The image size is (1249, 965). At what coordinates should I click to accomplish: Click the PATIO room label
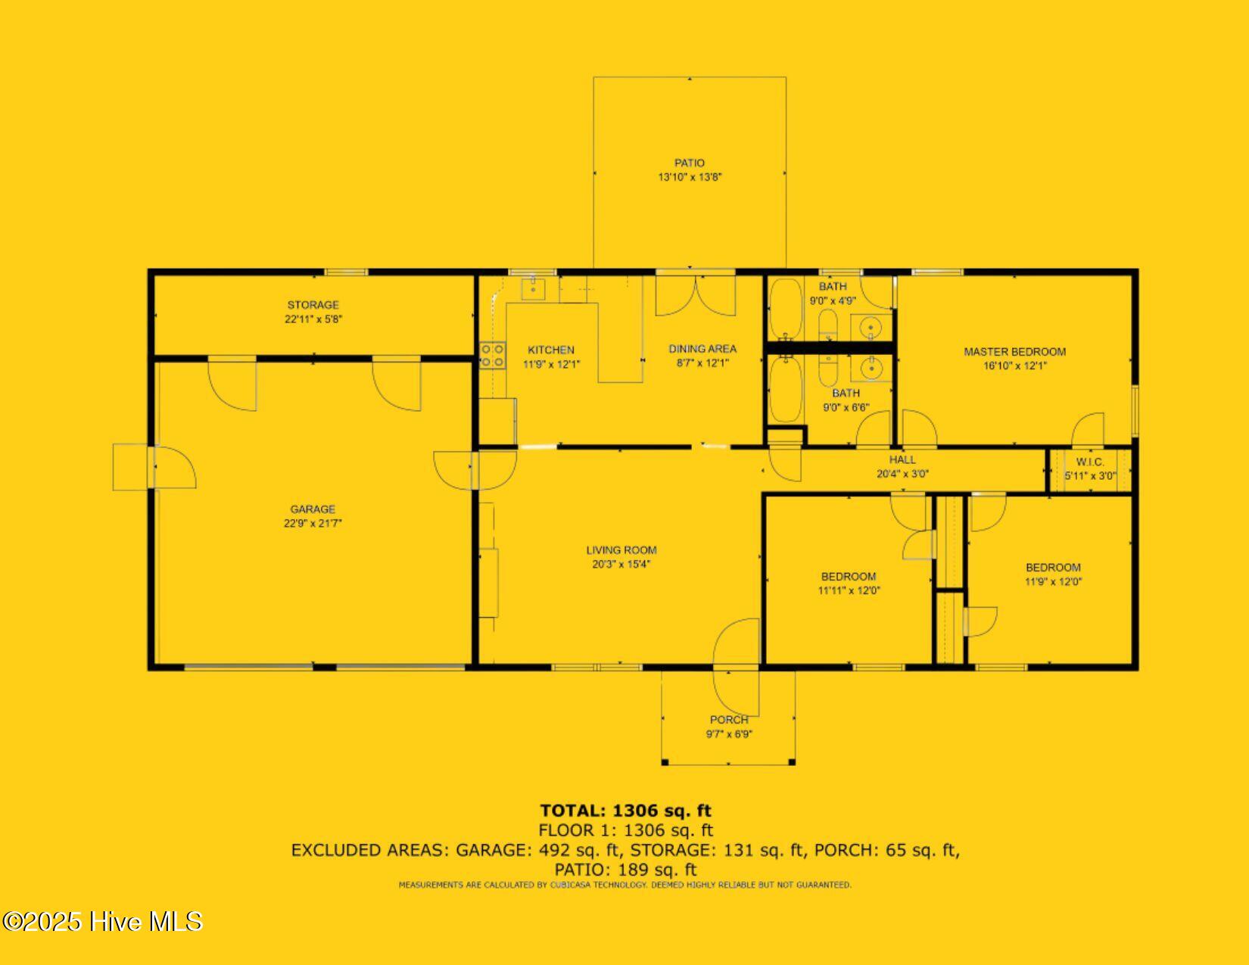(x=689, y=163)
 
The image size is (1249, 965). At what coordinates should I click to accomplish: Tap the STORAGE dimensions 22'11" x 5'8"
(x=313, y=319)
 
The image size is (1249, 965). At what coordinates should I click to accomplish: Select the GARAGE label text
(x=313, y=509)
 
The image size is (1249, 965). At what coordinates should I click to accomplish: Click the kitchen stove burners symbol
(x=492, y=356)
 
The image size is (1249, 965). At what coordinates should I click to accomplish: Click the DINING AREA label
(x=702, y=349)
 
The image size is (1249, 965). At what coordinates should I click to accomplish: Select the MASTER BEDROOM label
(x=1014, y=351)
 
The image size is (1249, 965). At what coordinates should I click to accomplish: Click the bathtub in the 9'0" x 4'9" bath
(x=785, y=309)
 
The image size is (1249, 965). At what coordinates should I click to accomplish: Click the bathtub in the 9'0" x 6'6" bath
(x=785, y=389)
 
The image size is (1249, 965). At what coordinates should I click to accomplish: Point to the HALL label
(x=902, y=459)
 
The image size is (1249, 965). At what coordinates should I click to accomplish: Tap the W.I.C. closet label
(x=1089, y=462)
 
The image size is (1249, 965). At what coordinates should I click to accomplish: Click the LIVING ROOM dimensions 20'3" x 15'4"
(x=621, y=564)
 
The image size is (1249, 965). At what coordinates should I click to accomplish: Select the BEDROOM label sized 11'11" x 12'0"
(x=849, y=577)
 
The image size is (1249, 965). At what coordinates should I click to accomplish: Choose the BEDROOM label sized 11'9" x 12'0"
(x=1053, y=568)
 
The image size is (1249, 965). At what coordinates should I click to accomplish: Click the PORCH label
(x=729, y=720)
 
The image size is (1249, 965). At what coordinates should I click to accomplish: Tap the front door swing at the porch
(x=736, y=643)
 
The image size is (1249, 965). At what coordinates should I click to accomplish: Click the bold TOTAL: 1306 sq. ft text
(x=625, y=811)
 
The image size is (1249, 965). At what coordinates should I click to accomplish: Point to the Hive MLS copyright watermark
(x=102, y=921)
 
